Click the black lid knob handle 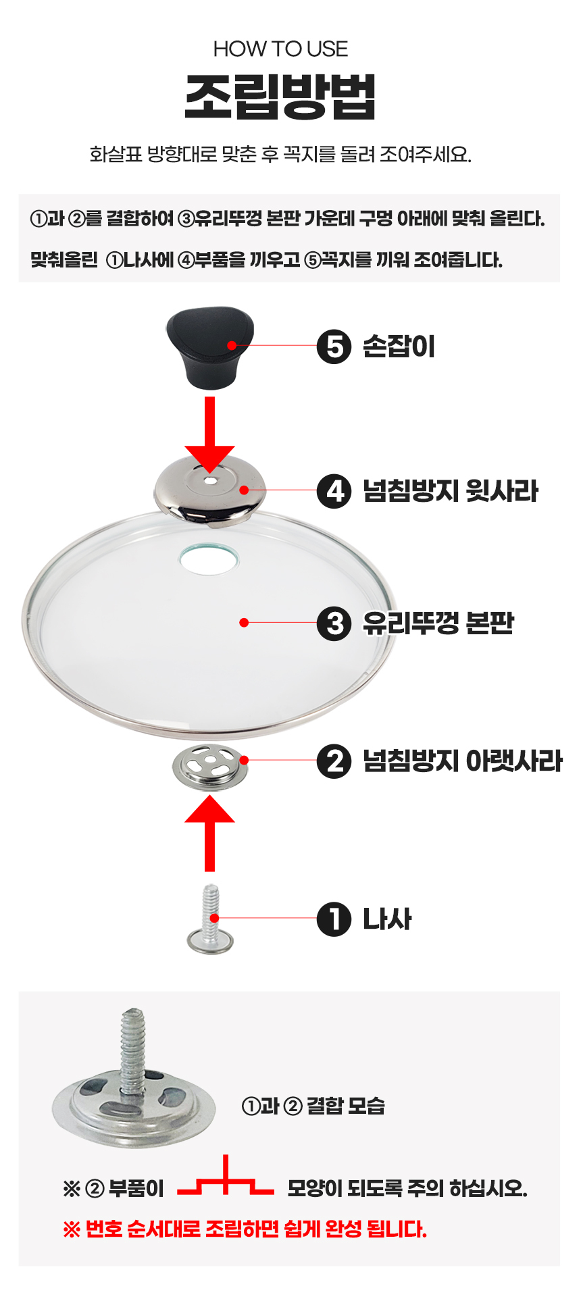click(209, 349)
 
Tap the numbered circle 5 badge click(334, 347)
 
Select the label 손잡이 click(399, 347)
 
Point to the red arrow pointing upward click(210, 833)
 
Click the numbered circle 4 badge click(334, 491)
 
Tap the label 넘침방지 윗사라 click(451, 491)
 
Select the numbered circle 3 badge click(334, 623)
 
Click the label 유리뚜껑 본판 click(438, 623)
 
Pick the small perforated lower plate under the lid click(210, 767)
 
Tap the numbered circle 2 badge click(334, 761)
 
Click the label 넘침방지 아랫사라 click(463, 761)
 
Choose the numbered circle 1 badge click(334, 919)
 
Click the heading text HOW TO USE click(281, 49)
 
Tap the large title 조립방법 click(280, 96)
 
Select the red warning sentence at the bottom click(245, 1229)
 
